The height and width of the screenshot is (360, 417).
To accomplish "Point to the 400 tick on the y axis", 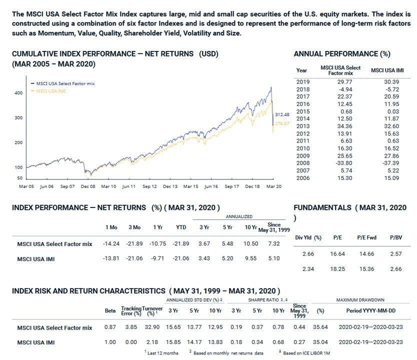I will click(x=19, y=93).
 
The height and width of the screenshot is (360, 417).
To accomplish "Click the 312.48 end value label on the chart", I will click(x=283, y=115).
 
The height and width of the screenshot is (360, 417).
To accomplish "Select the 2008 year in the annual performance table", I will click(x=302, y=163).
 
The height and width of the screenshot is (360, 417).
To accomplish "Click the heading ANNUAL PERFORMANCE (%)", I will click(x=342, y=53).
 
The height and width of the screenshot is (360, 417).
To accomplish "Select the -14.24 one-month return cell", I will click(x=110, y=244).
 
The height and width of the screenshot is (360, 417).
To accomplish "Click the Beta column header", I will click(x=110, y=311).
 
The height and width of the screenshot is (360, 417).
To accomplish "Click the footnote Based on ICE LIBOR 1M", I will click(x=303, y=353).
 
